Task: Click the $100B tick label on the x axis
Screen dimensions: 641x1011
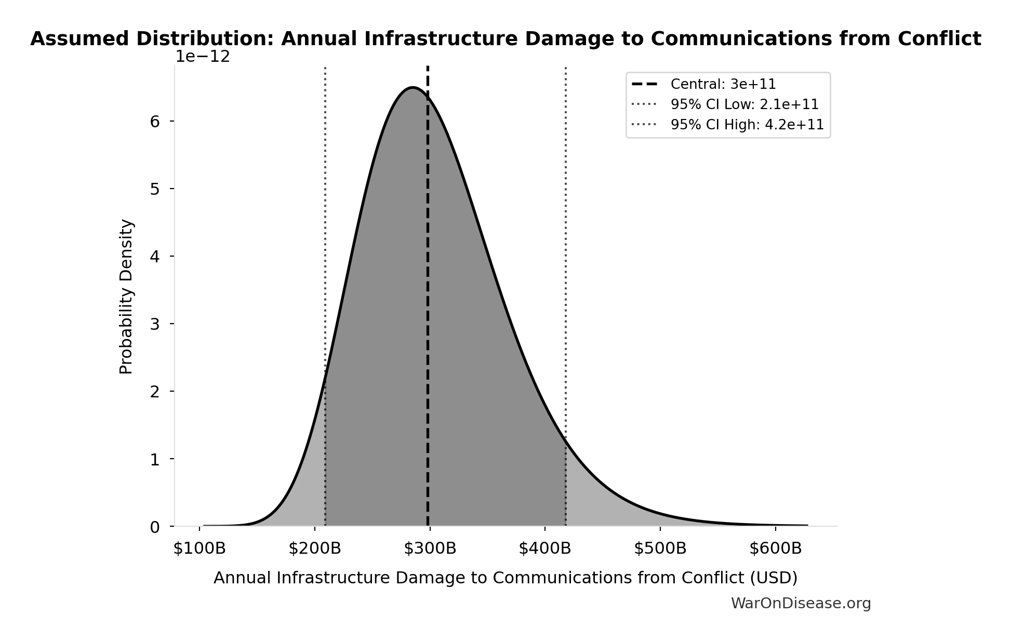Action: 199,549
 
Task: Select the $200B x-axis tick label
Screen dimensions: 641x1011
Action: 315,549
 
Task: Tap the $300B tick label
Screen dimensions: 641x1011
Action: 430,549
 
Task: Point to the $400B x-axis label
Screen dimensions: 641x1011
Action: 545,549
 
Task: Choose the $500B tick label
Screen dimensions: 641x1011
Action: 660,549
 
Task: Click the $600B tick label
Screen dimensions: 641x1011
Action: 776,549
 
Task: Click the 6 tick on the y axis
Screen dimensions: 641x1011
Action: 155,122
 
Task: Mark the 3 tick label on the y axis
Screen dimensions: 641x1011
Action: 155,324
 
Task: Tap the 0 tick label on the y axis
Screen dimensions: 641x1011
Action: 155,527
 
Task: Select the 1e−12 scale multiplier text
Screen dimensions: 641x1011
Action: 203,57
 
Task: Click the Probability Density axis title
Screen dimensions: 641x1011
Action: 126,297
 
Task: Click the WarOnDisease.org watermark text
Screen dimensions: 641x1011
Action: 801,604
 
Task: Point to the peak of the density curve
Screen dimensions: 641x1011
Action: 413,88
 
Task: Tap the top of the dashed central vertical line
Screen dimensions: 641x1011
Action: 428,68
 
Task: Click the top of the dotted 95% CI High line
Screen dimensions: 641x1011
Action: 565,68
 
